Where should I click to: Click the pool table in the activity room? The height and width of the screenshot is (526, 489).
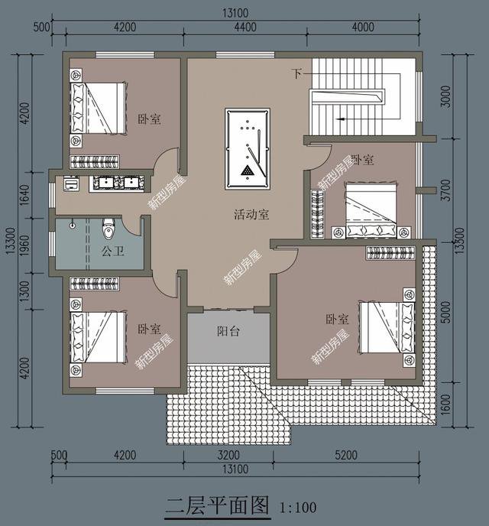coord(248,149)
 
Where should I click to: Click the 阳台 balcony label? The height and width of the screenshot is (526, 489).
coord(228,332)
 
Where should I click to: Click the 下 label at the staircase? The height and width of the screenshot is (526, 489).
coord(296,73)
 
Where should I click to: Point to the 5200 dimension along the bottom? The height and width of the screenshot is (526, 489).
coord(345,456)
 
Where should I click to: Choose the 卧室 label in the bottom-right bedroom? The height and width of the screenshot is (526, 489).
coord(337,320)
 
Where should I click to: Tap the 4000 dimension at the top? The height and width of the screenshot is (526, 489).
coord(363,27)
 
